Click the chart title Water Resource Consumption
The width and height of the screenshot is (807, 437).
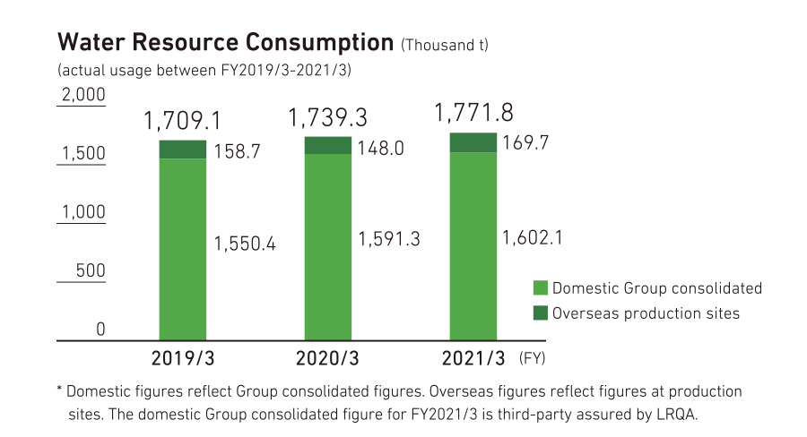click(x=225, y=42)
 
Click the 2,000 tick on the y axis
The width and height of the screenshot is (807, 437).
click(x=82, y=95)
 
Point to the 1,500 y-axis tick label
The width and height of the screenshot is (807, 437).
click(x=82, y=154)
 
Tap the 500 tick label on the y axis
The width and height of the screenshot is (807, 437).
click(x=89, y=271)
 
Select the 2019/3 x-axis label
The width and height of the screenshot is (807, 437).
click(x=183, y=359)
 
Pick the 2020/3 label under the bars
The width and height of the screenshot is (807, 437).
click(x=327, y=359)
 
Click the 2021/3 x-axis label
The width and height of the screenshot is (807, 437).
click(x=473, y=359)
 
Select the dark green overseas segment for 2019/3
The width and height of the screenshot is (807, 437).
click(x=183, y=150)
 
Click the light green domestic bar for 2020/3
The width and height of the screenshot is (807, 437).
click(x=328, y=246)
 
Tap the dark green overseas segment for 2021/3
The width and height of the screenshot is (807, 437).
click(x=473, y=142)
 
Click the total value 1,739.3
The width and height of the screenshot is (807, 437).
click(x=327, y=117)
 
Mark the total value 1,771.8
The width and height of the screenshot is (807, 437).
click(x=473, y=113)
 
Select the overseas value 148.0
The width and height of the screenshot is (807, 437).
click(x=380, y=149)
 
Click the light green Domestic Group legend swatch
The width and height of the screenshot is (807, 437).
click(x=540, y=287)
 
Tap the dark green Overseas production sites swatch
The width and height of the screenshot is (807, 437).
click(x=540, y=313)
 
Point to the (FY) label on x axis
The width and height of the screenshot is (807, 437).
click(x=532, y=359)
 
